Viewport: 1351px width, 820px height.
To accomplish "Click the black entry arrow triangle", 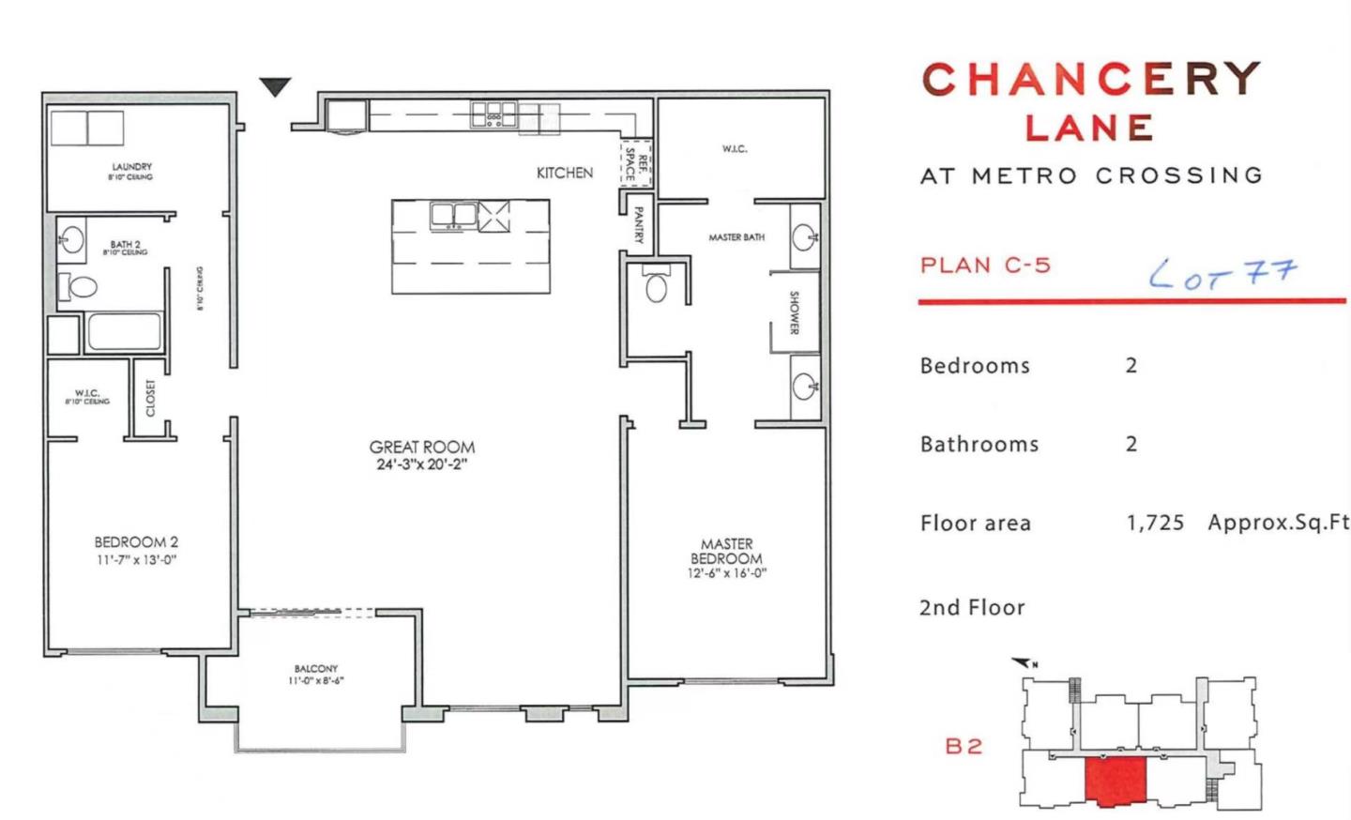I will tap(275, 86).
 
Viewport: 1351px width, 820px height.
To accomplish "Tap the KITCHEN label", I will tap(564, 173).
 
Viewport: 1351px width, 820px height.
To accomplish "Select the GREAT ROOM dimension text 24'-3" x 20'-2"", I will tap(421, 464).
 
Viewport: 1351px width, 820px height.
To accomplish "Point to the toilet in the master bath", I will tap(657, 286).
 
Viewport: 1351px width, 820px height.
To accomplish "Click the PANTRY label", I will tap(638, 225).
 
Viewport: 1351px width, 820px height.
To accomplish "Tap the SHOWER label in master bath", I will tap(794, 312).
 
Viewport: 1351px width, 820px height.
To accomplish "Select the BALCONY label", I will tap(315, 669).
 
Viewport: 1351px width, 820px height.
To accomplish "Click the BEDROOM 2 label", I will tap(136, 542).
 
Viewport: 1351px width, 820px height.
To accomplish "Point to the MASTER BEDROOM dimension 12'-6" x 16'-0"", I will tap(726, 573).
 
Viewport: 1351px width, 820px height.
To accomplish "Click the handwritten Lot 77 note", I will tap(1222, 273).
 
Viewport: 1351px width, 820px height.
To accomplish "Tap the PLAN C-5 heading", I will tap(985, 266).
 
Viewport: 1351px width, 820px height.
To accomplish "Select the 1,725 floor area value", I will tap(1155, 523).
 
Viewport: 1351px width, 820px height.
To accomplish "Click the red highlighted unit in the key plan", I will tap(1116, 781).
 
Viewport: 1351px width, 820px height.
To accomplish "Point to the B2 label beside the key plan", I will tap(964, 746).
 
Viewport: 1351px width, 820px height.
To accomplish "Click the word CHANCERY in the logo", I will tap(1091, 80).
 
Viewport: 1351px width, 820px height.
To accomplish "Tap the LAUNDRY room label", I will tap(131, 167).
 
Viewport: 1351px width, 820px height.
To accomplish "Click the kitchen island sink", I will tap(453, 216).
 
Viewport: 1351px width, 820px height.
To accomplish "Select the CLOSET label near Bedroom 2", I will tap(150, 398).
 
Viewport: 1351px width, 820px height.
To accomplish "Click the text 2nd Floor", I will tap(972, 608).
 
